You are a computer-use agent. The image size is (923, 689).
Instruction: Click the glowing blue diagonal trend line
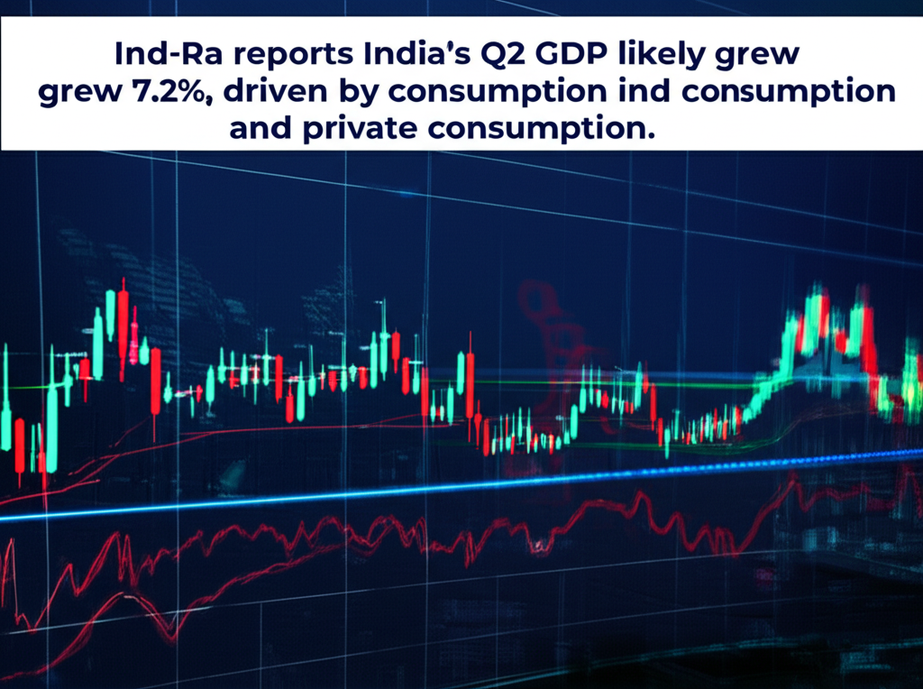click(x=451, y=487)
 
